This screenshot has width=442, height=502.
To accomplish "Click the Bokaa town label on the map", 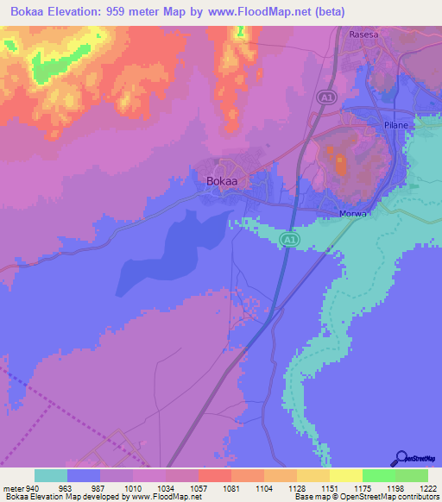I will pyautogui.click(x=223, y=181).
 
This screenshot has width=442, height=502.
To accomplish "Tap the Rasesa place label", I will pyautogui.click(x=365, y=35).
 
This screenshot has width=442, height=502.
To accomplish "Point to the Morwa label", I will pyautogui.click(x=355, y=214).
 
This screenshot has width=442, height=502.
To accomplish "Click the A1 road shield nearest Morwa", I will pyautogui.click(x=291, y=239).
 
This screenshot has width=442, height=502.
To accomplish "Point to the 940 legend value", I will pyautogui.click(x=34, y=488).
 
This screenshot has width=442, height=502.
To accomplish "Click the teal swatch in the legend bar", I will pyautogui.click(x=51, y=475).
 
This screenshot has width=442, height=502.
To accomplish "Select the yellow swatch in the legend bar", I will pyautogui.click(x=346, y=475).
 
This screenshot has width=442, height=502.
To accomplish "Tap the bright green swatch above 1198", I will pyautogui.click(x=379, y=475).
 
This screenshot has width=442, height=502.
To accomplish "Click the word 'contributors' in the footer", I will pyautogui.click(x=418, y=498).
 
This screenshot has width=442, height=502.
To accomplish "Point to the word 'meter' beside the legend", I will pyautogui.click(x=14, y=488).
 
